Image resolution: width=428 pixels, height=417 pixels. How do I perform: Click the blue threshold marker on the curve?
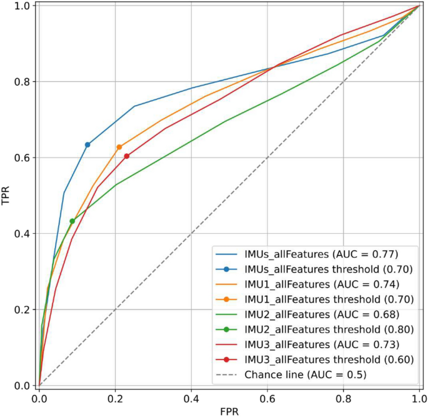click(87, 145)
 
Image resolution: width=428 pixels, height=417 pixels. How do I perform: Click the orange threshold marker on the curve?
click(119, 147)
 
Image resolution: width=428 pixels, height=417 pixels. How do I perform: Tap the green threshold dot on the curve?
click(72, 221)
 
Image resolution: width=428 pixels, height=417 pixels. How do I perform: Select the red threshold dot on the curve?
click(127, 156)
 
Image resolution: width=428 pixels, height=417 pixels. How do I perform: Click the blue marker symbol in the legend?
click(227, 269)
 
